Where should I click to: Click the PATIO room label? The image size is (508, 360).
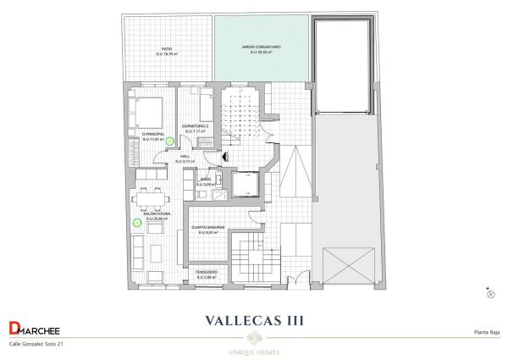click(167, 50)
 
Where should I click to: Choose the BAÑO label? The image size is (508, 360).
click(206, 181)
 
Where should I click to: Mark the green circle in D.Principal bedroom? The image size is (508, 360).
click(169, 141)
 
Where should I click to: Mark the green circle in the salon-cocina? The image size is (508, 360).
click(136, 223)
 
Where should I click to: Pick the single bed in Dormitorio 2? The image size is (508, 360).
click(205, 108)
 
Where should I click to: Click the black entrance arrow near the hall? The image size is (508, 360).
click(223, 155)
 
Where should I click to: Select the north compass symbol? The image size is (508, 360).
click(490, 292)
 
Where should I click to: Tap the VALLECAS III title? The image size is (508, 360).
click(254, 321)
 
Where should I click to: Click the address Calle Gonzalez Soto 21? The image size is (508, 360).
click(36, 345)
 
